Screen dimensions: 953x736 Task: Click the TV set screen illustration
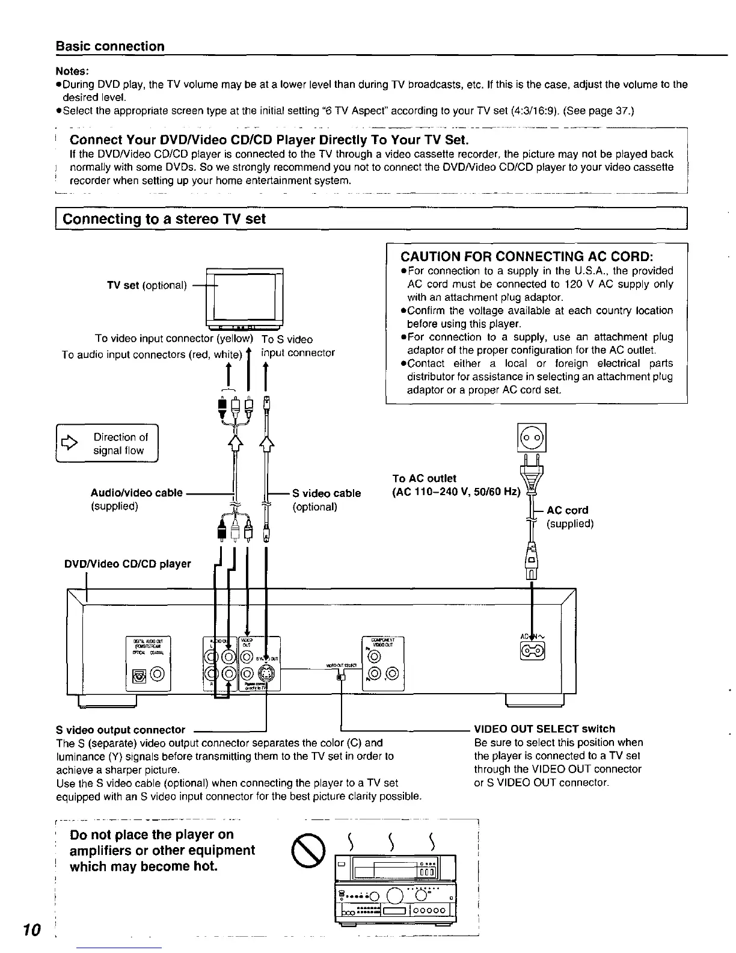245,294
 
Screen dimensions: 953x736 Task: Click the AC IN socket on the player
533,649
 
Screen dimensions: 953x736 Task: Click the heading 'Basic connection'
110,46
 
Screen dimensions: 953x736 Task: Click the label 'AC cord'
567,510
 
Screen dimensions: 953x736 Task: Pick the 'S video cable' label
327,493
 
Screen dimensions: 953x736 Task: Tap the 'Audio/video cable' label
136,493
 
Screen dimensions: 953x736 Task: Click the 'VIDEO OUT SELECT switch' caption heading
544,729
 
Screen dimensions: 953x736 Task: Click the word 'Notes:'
72,71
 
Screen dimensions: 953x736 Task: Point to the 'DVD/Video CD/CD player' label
127,564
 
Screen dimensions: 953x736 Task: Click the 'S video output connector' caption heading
120,730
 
